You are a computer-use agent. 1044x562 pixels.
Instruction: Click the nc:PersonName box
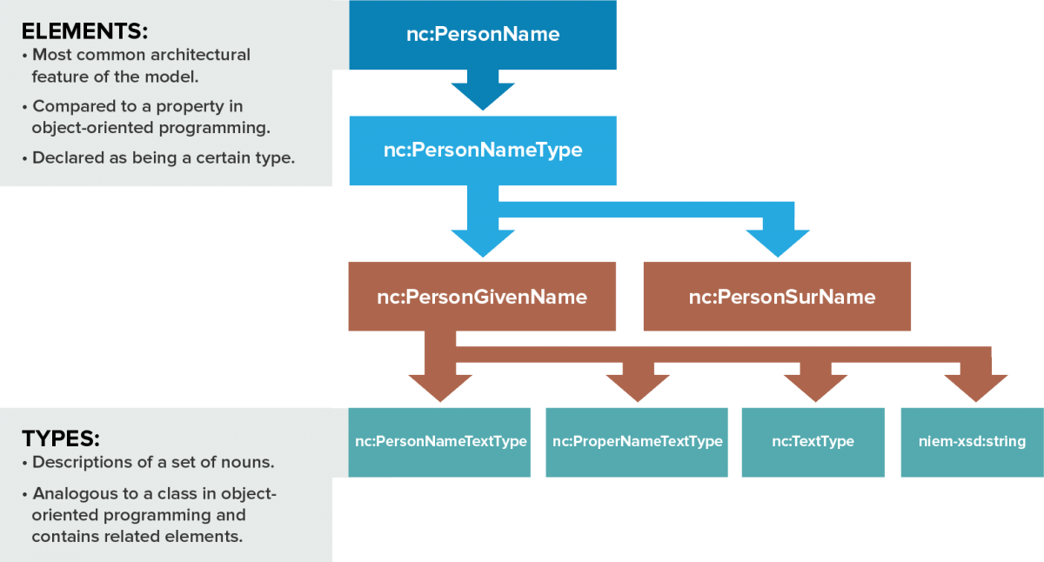[483, 35]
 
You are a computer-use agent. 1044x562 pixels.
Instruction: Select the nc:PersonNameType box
[483, 150]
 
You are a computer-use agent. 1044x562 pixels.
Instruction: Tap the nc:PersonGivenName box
[482, 297]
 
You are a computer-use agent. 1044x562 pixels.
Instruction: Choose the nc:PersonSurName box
[777, 297]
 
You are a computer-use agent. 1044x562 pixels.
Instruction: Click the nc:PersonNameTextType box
[439, 442]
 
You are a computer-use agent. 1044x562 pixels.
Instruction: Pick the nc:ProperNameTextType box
[636, 442]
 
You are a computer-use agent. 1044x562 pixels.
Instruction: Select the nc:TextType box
[813, 442]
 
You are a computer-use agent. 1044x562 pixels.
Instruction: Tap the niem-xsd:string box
[971, 442]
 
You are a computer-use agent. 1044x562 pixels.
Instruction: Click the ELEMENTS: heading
[84, 31]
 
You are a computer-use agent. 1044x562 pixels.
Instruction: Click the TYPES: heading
[61, 438]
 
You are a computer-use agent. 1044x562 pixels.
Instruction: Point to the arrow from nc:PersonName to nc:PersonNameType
[483, 91]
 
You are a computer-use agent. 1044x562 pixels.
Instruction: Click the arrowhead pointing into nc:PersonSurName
[776, 243]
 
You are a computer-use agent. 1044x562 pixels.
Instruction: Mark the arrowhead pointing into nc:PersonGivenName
[482, 241]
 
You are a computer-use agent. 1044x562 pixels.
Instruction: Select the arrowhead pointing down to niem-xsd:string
[974, 386]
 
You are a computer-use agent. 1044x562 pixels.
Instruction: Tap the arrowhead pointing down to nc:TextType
[815, 386]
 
